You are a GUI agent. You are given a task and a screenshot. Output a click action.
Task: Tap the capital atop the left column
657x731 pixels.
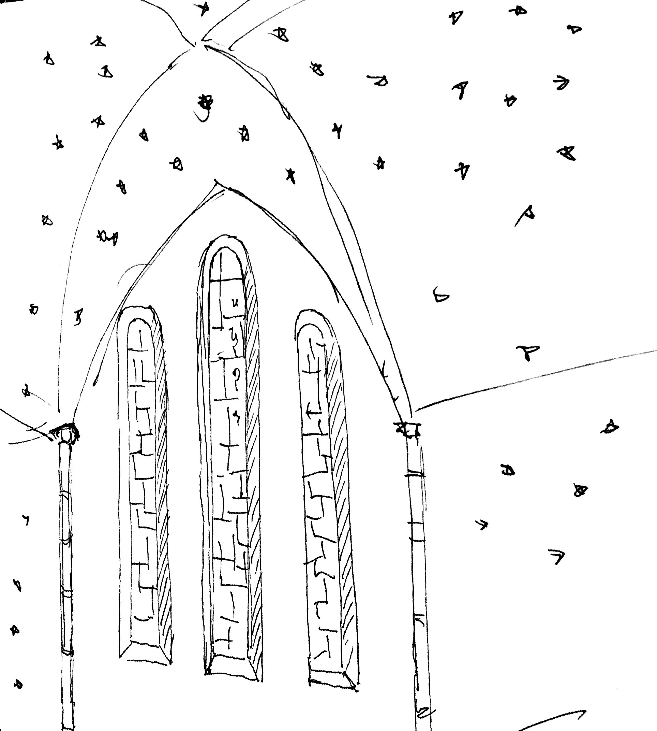pyautogui.click(x=65, y=432)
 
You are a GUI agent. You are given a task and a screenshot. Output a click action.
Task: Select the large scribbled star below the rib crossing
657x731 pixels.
pyautogui.click(x=206, y=103)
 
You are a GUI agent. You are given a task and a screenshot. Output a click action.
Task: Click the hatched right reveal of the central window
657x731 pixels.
pyautogui.click(x=253, y=470)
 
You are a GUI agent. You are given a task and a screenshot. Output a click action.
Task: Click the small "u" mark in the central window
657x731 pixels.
pyautogui.click(x=235, y=302)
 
